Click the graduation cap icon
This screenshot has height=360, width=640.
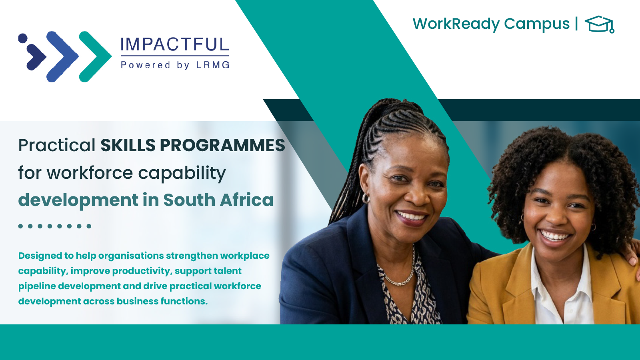[600, 24]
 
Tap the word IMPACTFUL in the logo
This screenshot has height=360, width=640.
[174, 44]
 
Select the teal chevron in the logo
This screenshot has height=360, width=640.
[95, 56]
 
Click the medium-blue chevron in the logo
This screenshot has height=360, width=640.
[62, 56]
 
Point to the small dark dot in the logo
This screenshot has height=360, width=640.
[23, 38]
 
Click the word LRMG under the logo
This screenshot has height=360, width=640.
[213, 65]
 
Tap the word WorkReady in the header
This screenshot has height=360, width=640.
[456, 24]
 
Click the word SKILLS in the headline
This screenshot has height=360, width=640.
[128, 145]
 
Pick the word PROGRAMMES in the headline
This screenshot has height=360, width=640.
[222, 145]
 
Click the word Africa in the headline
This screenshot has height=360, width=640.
[246, 200]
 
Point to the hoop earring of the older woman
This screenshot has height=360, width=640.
[366, 198]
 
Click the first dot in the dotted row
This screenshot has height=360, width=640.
[20, 226]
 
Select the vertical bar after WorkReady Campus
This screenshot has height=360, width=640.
[576, 24]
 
